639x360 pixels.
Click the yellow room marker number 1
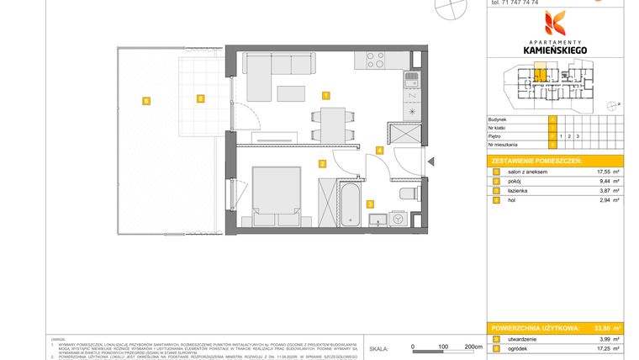pos(325,95)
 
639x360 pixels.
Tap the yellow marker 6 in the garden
pos(146,100)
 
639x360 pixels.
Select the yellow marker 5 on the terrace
pos(199,98)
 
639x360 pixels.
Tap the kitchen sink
pos(411,81)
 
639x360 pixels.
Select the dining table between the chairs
pos(334,124)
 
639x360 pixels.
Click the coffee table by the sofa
pos(292,93)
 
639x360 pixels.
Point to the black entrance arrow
pos(430,162)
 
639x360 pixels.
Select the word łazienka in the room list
pos(516,191)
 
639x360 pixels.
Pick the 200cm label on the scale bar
pos(473,346)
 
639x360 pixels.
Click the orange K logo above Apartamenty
pos(554,23)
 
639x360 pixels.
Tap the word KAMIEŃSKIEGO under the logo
pos(554,50)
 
